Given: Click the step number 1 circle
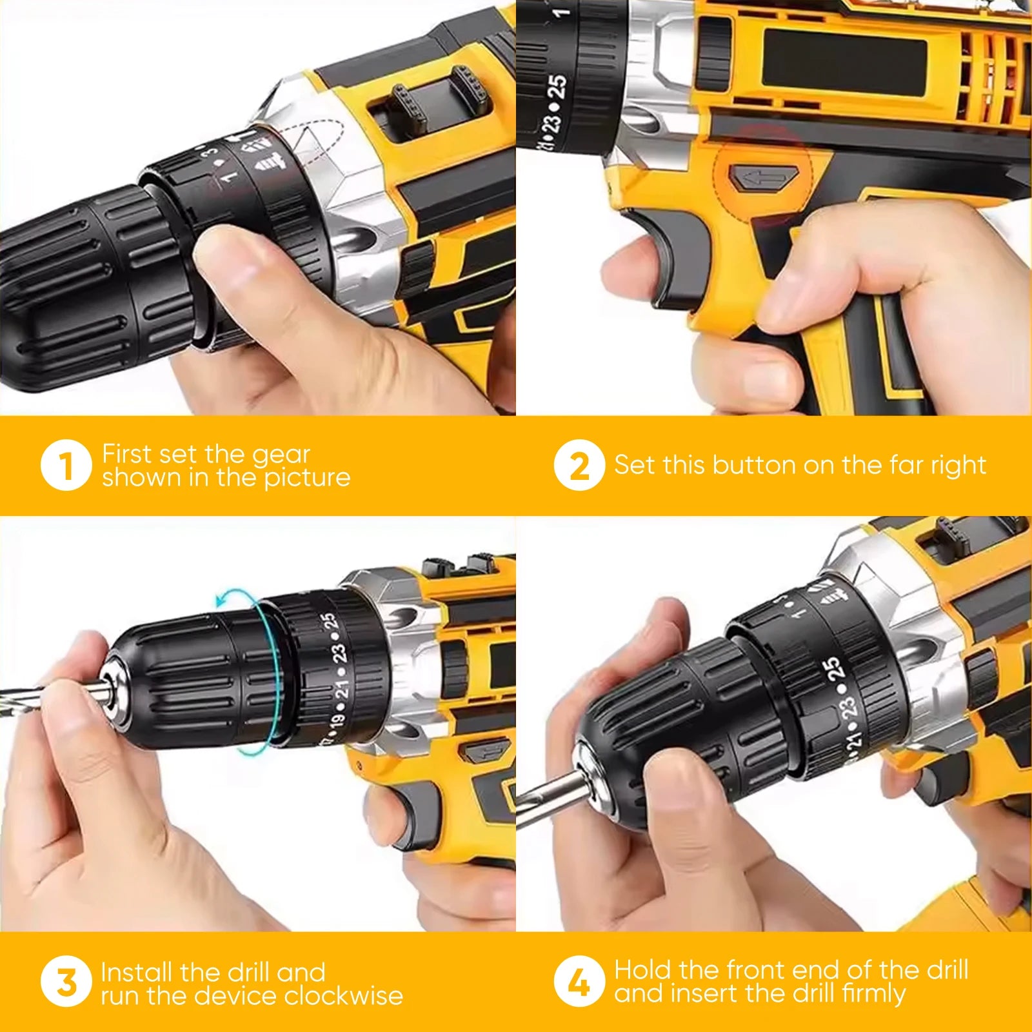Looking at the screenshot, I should tap(66, 465).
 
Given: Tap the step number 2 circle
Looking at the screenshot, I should tap(579, 465).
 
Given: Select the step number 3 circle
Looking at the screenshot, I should tap(66, 981).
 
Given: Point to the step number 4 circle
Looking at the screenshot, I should tap(579, 981).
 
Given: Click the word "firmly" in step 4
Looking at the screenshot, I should tap(873, 994).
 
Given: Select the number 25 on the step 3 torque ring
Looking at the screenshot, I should tap(329, 622).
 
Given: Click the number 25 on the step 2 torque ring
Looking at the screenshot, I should tap(557, 86).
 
